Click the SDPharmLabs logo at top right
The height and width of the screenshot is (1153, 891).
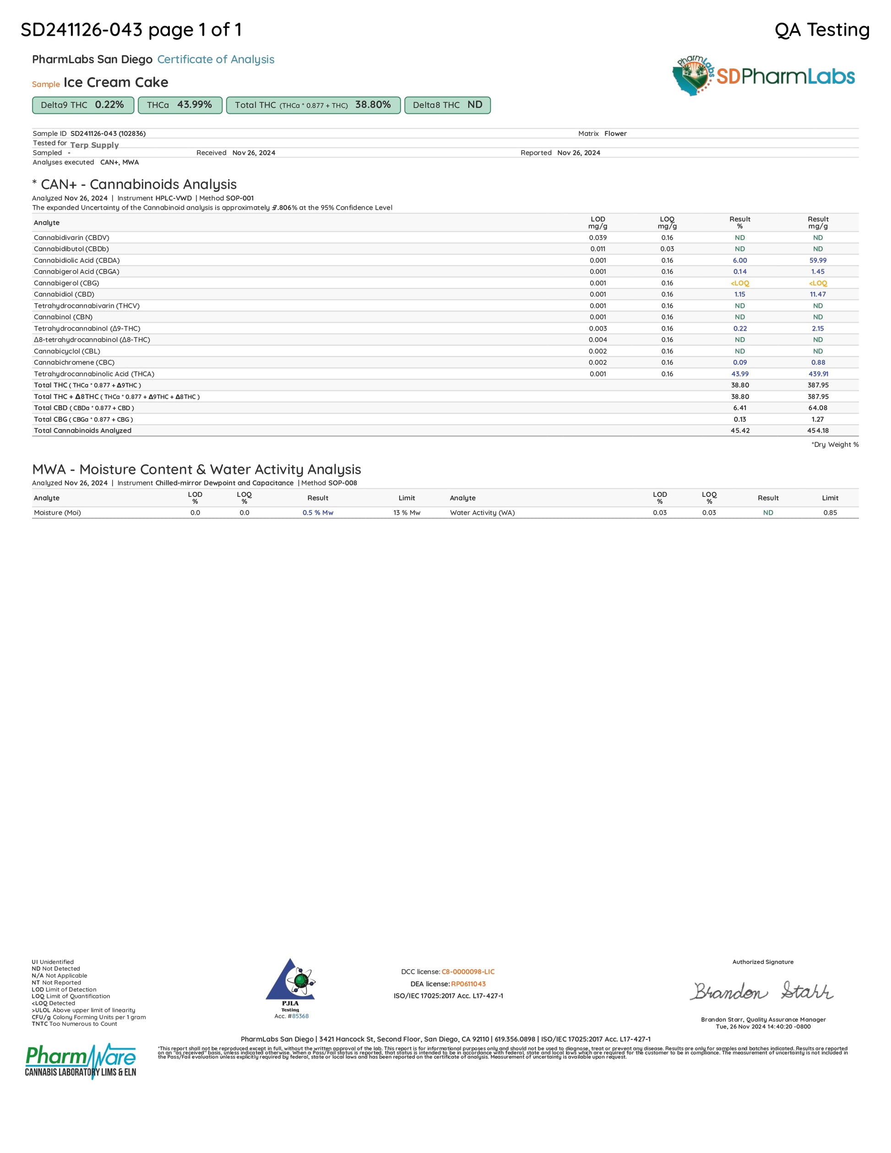click(763, 76)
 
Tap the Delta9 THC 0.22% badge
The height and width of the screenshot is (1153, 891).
click(83, 105)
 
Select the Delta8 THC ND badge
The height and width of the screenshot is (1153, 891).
click(447, 105)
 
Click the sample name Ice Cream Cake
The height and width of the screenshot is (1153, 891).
click(115, 82)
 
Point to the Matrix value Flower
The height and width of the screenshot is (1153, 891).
click(615, 134)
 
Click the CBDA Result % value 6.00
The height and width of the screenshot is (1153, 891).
click(739, 260)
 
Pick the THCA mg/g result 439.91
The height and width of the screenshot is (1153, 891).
click(818, 374)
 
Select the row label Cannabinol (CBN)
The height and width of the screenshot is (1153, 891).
click(63, 317)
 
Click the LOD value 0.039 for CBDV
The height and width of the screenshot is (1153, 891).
click(598, 238)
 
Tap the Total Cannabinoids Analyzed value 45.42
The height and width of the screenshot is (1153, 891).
click(739, 430)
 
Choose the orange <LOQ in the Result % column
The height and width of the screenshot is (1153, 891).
click(739, 283)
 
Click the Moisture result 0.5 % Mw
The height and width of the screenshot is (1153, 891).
click(318, 512)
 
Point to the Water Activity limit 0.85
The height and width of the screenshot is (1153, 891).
click(830, 512)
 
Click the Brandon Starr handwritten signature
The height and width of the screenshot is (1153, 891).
click(762, 991)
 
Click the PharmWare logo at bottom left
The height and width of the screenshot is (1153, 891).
click(80, 1061)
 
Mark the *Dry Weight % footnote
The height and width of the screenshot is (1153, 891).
click(835, 445)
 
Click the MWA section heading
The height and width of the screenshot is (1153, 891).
click(196, 469)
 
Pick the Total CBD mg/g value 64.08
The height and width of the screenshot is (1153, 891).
click(818, 408)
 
